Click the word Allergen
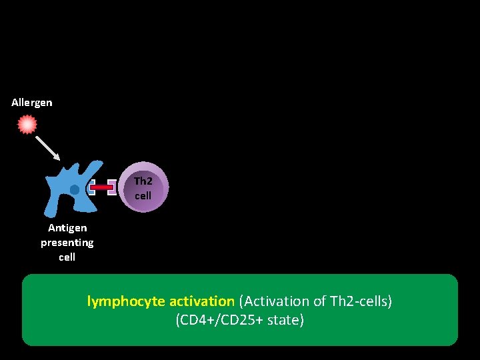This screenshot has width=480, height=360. click(x=31, y=103)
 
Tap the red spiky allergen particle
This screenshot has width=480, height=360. click(x=27, y=125)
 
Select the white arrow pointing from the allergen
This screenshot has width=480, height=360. click(x=48, y=149)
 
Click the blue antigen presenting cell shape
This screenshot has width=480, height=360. click(x=64, y=193)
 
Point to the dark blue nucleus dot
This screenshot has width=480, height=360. click(x=75, y=190)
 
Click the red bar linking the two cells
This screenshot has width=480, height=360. click(x=101, y=188)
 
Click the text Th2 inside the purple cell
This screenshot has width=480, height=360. click(x=143, y=181)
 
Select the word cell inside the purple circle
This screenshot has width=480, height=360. click(x=143, y=196)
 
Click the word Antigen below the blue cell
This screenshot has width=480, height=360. click(x=67, y=228)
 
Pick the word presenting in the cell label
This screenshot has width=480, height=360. click(x=67, y=243)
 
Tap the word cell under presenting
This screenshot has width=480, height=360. click(x=67, y=257)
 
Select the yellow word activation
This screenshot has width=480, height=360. click(x=201, y=301)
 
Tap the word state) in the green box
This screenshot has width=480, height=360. click(x=286, y=320)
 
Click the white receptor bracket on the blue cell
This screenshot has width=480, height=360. click(x=91, y=188)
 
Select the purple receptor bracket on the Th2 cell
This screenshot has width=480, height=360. click(x=112, y=188)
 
